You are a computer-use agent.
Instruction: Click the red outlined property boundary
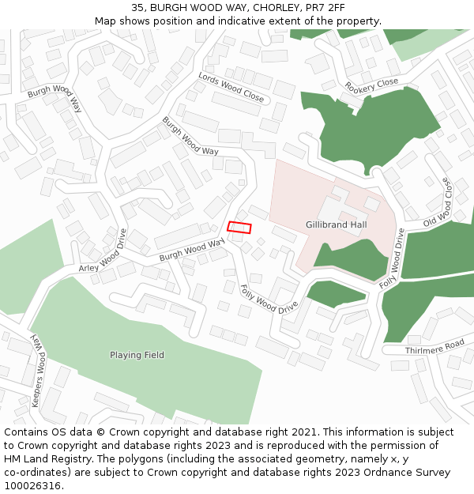point(239,228)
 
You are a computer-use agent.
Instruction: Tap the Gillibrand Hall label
point(337,224)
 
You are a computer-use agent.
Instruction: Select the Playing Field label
point(137,355)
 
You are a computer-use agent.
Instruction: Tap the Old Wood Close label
point(438,202)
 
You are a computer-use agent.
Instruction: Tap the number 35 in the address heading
point(137,8)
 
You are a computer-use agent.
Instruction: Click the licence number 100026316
point(32,485)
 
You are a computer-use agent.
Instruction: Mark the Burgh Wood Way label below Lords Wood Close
point(190,135)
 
